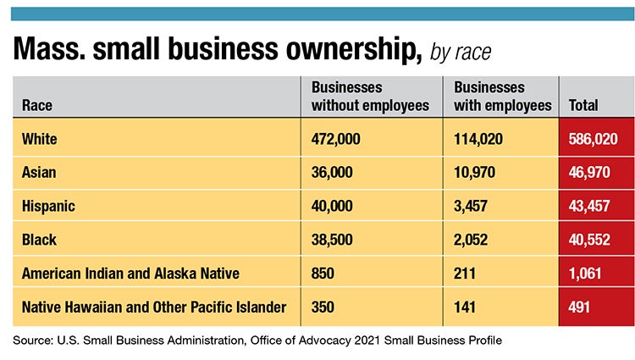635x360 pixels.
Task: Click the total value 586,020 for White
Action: coord(593,138)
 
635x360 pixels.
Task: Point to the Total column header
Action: coord(583,106)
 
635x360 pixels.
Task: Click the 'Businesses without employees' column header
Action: coord(370,97)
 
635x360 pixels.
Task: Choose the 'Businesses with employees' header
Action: coord(503,97)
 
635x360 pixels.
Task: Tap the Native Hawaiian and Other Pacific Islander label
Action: coord(154,307)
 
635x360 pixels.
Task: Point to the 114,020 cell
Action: coord(479,138)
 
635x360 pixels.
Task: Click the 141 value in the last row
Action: coord(466,307)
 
